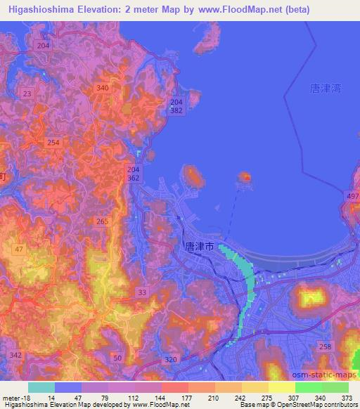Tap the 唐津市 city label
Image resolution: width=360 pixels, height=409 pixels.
click(x=199, y=247)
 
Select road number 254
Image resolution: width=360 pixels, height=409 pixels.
click(x=53, y=142)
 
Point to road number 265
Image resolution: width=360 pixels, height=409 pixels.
click(x=102, y=222)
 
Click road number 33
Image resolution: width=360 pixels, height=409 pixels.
click(x=143, y=292)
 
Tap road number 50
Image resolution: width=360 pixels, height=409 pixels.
click(x=117, y=358)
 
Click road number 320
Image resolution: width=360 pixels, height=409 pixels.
click(x=170, y=358)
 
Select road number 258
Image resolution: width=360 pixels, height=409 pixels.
click(x=324, y=348)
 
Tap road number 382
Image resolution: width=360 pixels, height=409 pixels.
click(x=176, y=112)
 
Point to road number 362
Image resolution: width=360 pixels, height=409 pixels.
click(x=134, y=179)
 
